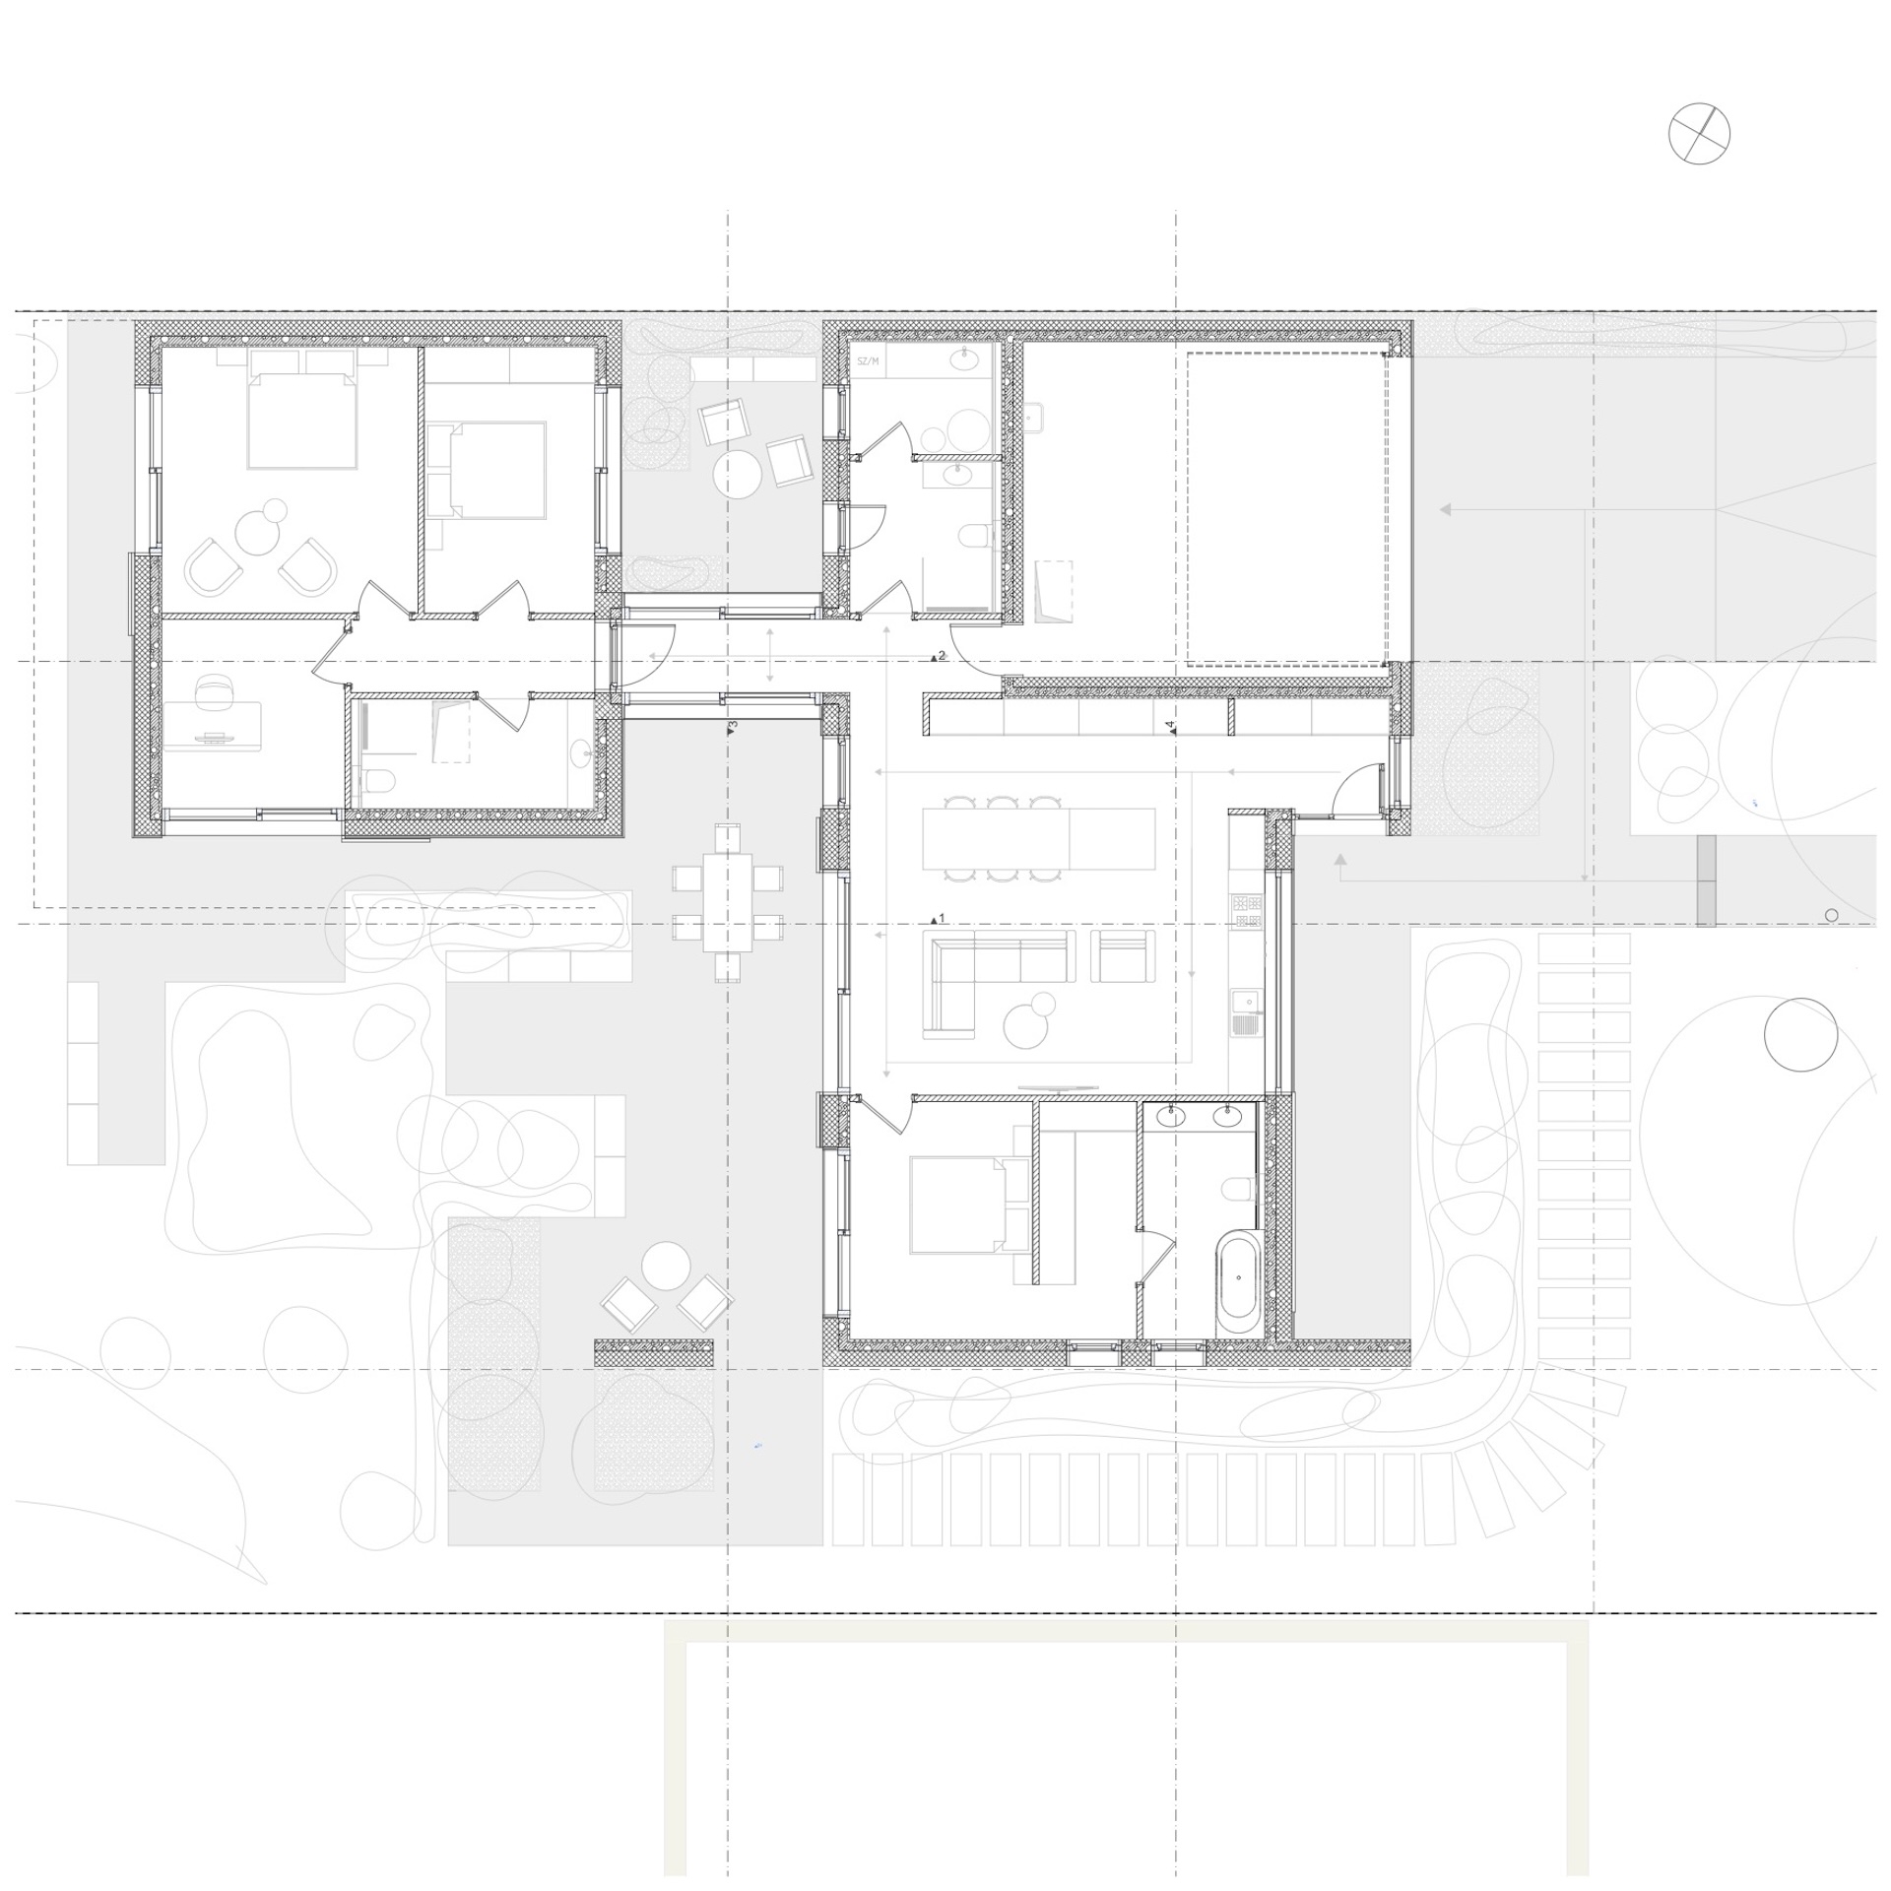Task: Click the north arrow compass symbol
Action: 1699,133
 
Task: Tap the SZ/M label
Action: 867,361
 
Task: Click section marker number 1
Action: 938,919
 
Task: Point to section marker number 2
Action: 938,656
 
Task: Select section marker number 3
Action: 732,727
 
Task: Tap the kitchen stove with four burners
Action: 1248,911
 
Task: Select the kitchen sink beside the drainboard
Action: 1247,1013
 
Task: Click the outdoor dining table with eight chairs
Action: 728,903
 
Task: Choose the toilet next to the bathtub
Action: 1240,1190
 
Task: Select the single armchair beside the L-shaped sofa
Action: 1124,955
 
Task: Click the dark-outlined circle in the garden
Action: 1800,1034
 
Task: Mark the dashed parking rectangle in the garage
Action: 1286,509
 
